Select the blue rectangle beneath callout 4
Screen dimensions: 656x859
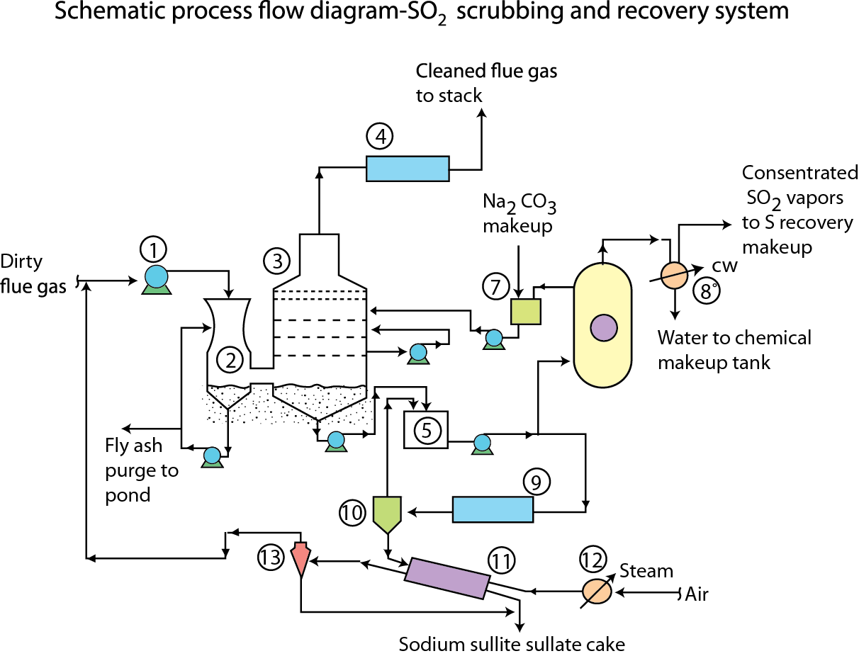pyautogui.click(x=408, y=169)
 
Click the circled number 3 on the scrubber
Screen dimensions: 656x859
pyautogui.click(x=276, y=261)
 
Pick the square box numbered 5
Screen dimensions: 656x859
pyautogui.click(x=426, y=429)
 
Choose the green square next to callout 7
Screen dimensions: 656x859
pyautogui.click(x=525, y=311)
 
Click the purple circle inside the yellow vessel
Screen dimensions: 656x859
pyautogui.click(x=603, y=327)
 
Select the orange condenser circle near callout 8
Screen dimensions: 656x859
pyautogui.click(x=673, y=275)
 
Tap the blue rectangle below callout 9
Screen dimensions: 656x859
pyautogui.click(x=493, y=509)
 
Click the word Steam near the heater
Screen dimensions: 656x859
pyautogui.click(x=646, y=571)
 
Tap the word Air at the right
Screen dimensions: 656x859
pyautogui.click(x=697, y=594)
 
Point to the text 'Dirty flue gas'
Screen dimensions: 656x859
pyautogui.click(x=31, y=273)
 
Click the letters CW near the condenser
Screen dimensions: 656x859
pyautogui.click(x=725, y=266)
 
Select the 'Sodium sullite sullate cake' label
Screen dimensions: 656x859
pyautogui.click(x=512, y=645)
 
